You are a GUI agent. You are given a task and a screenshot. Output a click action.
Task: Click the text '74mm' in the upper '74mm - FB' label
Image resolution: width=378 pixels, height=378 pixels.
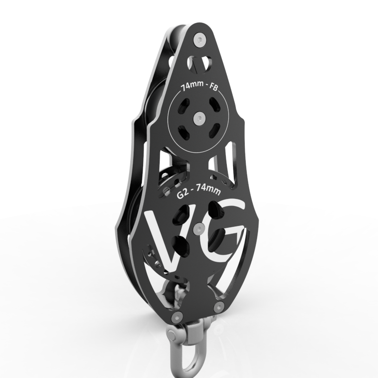tap(189, 88)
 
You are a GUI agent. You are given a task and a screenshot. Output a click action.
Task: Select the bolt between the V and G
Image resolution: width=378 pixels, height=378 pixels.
tap(198, 229)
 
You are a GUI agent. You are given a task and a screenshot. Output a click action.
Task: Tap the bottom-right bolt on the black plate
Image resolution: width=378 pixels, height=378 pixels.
tap(218, 307)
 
